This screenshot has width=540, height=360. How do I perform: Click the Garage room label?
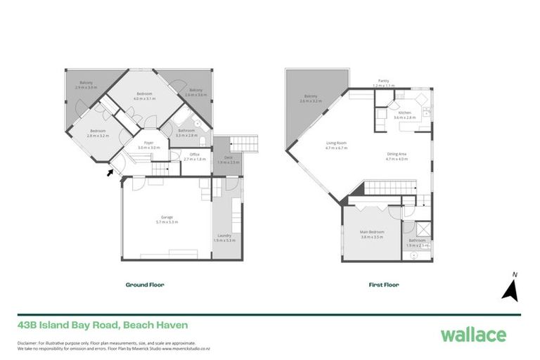coord(167,219)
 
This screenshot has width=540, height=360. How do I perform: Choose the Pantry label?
coord(384,82)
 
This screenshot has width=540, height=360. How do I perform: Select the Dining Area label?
coord(397,155)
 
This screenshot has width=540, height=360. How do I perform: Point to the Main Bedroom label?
coord(372,234)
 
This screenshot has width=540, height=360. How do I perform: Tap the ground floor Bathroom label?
coord(186,131)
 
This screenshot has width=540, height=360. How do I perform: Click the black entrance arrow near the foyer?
coord(109,171)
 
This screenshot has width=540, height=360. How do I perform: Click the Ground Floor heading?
coord(145,285)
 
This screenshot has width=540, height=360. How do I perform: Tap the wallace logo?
coord(473,334)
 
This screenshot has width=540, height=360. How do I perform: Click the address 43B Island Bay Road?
coord(103,325)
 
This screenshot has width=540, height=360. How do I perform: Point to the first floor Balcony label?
coord(311,98)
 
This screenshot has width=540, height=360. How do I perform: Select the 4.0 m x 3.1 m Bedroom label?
coord(143,96)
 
